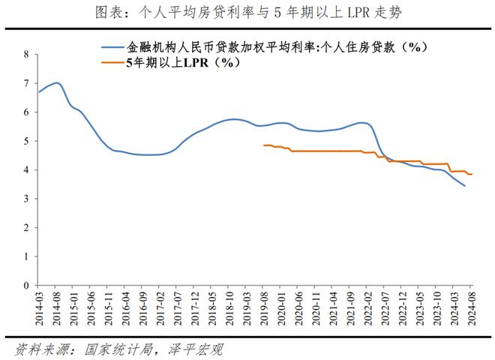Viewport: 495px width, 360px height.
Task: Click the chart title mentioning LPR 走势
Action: tap(248, 12)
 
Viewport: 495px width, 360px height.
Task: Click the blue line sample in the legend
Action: tap(112, 48)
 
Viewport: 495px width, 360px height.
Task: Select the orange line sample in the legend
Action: tap(112, 62)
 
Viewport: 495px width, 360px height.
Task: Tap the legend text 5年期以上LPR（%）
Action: tap(184, 62)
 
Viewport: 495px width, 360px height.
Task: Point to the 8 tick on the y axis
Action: tap(26, 54)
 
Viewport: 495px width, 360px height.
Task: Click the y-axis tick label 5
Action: tap(26, 141)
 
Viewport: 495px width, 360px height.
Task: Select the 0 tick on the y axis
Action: tap(26, 286)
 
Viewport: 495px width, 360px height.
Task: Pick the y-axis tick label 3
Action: tap(26, 199)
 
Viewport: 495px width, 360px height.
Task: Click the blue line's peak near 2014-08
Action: tap(56, 82)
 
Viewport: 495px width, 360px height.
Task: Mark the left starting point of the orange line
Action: tap(264, 145)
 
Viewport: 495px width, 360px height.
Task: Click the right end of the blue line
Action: tap(465, 186)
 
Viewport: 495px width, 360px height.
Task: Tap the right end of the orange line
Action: tap(472, 174)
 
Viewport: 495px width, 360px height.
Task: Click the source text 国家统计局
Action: tap(118, 349)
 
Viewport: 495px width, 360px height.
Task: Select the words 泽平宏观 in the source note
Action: tap(195, 349)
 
